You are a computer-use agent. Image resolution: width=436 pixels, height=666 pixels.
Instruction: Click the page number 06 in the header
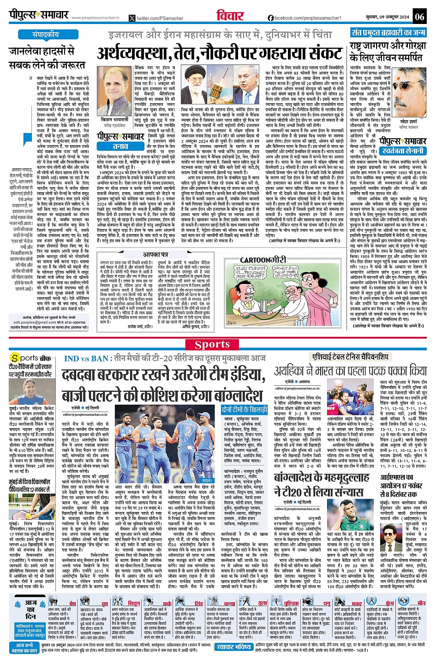pos(419,17)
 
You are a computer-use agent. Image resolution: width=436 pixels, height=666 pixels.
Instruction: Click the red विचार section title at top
pos(229,16)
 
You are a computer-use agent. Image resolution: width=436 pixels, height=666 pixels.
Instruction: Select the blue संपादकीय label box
pos(45,35)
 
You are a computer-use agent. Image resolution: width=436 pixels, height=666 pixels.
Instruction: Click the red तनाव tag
pos(120,146)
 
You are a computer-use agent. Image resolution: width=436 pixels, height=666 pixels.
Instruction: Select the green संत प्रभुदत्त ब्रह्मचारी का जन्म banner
pos(388,33)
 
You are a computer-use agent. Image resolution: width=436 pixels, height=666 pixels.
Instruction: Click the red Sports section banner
pos(212,344)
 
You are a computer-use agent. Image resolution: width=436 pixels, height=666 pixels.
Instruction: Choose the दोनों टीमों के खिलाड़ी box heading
pos(244,409)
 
